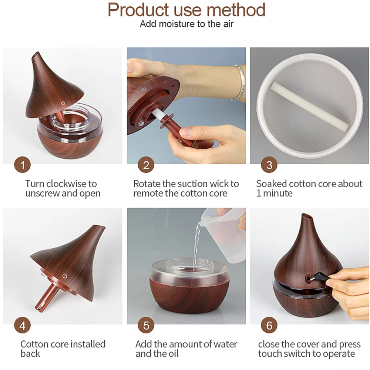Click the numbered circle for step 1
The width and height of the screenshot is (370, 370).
coord(23,165)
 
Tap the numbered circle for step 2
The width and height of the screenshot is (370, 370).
coord(146,165)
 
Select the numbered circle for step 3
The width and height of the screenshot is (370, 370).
coord(269,165)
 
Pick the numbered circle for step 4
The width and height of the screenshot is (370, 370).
coord(23,325)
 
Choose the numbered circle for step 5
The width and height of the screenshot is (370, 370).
coord(146,325)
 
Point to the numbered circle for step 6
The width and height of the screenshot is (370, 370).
coord(269,325)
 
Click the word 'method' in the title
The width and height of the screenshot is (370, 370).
coord(236,10)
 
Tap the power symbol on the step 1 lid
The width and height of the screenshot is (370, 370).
coord(63,103)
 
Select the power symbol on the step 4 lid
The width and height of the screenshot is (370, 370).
coord(65,276)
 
